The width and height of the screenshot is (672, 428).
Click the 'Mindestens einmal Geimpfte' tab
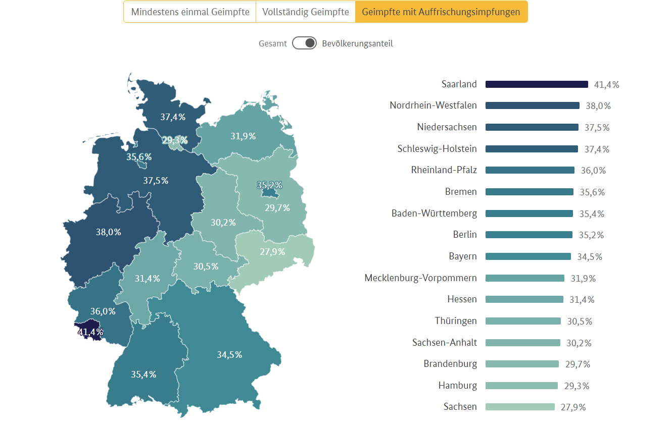(190, 12)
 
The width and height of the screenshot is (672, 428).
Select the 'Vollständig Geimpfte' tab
(305, 12)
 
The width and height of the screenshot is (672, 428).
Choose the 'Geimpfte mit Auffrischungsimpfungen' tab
(441, 12)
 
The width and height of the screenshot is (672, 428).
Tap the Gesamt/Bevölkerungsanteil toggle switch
(304, 43)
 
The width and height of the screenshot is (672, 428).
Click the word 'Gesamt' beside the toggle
(273, 43)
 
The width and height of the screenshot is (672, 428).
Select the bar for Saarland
(537, 84)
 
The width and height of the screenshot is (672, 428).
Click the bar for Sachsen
(520, 407)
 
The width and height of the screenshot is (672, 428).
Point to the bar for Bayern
(528, 256)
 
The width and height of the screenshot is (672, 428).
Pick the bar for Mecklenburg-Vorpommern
(524, 278)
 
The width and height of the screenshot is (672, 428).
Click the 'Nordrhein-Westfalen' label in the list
(433, 105)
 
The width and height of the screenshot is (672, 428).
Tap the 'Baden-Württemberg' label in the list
(434, 213)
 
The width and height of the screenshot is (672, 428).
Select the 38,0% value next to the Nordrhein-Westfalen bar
(598, 106)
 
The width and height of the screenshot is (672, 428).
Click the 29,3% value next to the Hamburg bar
(577, 386)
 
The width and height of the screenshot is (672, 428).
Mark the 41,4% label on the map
(90, 332)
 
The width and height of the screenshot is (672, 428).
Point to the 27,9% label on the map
(272, 251)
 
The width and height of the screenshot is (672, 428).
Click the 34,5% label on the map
(229, 355)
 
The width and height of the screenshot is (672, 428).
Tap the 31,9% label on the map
(243, 136)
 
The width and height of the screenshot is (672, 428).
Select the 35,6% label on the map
(139, 157)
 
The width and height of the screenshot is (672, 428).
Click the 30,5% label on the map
(206, 266)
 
